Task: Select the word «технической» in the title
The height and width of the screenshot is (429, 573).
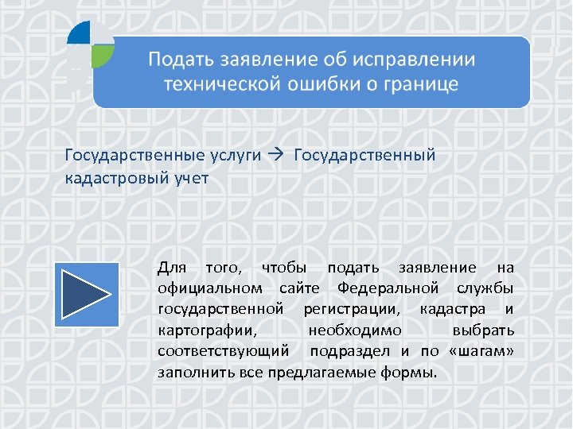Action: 216,84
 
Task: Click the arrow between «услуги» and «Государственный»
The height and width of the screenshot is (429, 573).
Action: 278,155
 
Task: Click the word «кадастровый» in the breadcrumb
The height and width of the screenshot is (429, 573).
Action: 114,177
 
